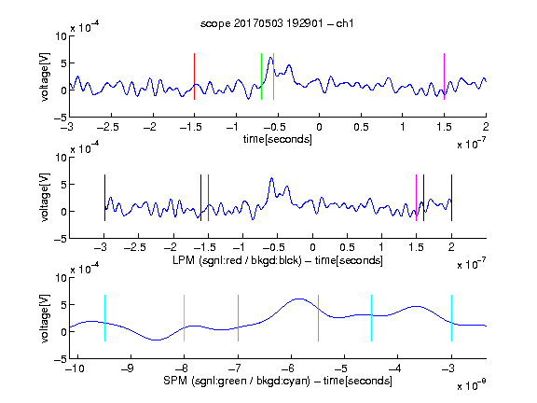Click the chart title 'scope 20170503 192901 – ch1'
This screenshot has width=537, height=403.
(x=277, y=23)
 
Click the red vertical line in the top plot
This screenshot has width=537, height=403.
(x=194, y=76)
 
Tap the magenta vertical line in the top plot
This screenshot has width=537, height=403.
(x=444, y=76)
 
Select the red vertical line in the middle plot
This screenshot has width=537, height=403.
(x=208, y=198)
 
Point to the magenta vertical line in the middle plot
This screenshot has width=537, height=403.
(x=416, y=198)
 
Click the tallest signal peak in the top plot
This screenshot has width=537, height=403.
(x=270, y=58)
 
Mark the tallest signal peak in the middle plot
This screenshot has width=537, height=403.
(x=271, y=178)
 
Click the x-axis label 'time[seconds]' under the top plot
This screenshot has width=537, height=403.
(x=278, y=139)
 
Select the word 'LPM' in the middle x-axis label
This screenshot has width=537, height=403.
(x=184, y=260)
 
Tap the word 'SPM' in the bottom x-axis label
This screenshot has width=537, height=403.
(x=175, y=381)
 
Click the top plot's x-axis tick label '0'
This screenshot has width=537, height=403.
(x=319, y=127)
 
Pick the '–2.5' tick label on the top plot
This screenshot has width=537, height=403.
(x=108, y=127)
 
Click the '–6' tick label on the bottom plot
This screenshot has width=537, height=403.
(x=288, y=368)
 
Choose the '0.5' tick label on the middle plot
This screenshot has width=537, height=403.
(x=347, y=247)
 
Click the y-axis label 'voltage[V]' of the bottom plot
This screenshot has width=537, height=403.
(x=45, y=318)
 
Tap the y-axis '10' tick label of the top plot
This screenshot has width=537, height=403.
(x=62, y=36)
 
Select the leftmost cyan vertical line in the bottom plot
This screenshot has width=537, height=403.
(x=104, y=318)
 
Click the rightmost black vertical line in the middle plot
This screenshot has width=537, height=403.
(x=451, y=198)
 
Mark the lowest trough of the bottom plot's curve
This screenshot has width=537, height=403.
(x=157, y=340)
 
